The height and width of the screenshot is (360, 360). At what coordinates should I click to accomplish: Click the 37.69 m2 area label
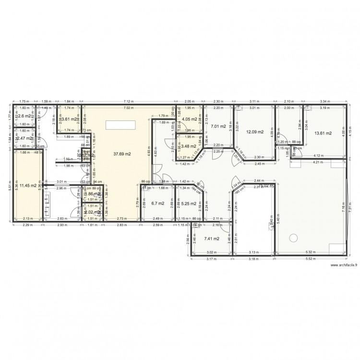point(122,155)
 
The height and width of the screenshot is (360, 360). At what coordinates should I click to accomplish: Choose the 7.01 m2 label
point(216,126)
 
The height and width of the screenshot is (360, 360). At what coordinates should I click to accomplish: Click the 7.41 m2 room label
point(212,239)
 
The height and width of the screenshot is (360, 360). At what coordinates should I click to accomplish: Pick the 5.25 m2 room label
point(188,204)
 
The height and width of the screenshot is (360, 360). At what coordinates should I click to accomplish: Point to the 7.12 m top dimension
point(128,102)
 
